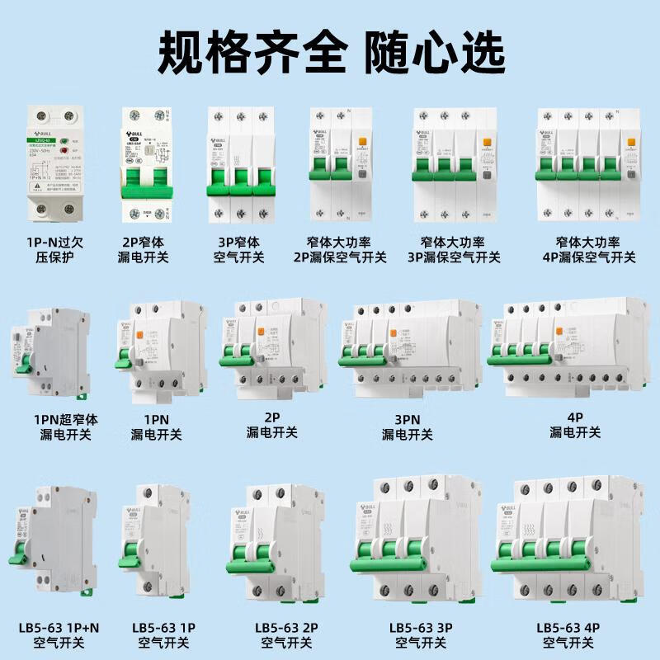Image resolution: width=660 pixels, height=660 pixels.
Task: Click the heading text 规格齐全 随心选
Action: (x=330, y=51)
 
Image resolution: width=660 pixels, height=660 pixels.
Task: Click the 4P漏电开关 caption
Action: (x=575, y=426)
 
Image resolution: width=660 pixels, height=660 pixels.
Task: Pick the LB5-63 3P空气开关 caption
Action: (x=422, y=634)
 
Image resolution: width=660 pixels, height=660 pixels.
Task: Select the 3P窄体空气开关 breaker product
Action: (x=238, y=165)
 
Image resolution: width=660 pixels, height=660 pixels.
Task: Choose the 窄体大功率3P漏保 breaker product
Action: (x=449, y=165)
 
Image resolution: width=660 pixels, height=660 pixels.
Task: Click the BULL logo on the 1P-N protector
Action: (x=40, y=129)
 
